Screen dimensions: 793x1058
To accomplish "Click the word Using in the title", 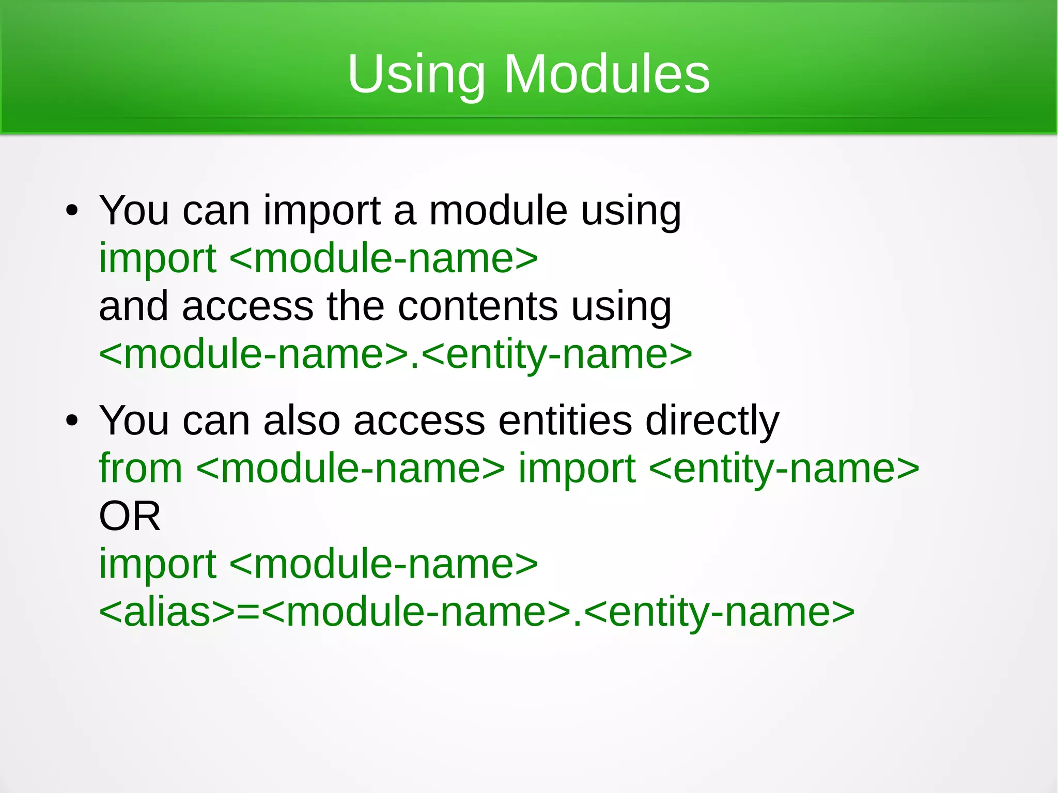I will [416, 75].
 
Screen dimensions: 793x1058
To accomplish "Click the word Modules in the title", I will [606, 74].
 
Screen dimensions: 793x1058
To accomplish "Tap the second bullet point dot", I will [72, 421].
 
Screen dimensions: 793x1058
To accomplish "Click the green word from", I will [141, 468].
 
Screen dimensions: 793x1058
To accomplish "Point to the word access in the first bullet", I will [247, 307].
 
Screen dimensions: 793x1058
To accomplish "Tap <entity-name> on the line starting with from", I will [784, 468].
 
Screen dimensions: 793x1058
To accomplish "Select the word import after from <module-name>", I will [577, 469].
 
